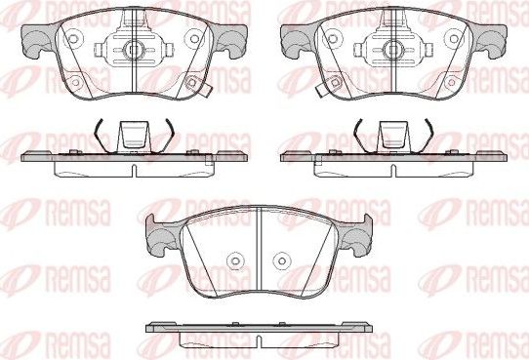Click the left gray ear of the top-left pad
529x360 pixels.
36,39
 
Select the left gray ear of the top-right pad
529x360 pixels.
294,39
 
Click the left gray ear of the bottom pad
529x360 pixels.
159,231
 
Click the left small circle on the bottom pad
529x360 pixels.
234,261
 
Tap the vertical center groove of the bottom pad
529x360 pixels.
258,254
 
